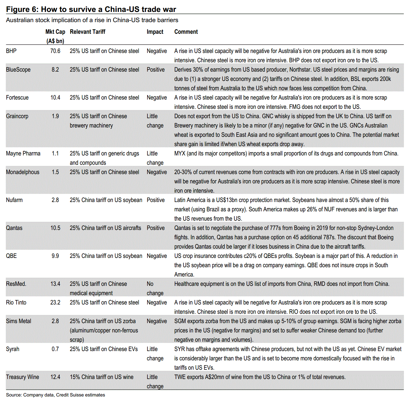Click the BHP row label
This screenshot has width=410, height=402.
pos(11,51)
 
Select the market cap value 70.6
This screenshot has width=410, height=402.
pos(55,51)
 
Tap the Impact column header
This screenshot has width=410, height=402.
pos(155,32)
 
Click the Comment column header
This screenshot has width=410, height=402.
pos(186,32)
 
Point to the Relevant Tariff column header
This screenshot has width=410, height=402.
pos(88,32)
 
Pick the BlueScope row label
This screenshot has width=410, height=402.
pos(18,70)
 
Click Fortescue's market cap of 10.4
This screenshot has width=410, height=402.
pos(55,98)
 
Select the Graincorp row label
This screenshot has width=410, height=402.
pos(17,116)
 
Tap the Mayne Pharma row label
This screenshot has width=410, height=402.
pos(23,153)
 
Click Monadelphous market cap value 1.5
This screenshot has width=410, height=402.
pos(55,172)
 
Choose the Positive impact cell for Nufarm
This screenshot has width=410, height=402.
pos(156,200)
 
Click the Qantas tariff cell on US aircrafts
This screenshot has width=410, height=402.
pos(105,228)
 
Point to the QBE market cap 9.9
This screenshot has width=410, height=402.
pos(55,256)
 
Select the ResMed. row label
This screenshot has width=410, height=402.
pos(16,284)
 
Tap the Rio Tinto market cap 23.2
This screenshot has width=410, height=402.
pos(55,302)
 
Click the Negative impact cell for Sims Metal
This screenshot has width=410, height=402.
pos(157,321)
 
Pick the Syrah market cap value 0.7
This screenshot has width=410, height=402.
pos(55,349)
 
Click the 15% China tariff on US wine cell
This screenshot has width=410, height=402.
pos(101,377)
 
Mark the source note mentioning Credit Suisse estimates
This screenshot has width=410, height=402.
pos(56,395)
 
